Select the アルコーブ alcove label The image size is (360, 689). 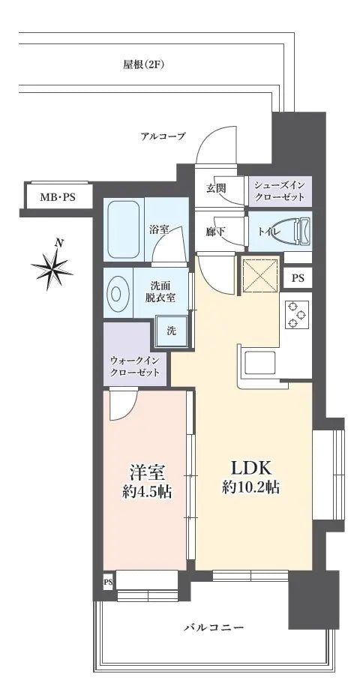[163, 136]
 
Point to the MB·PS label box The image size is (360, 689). [57, 198]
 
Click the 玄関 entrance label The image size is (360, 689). [216, 188]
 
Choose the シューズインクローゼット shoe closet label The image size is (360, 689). [279, 191]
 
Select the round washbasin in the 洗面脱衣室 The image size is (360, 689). [118, 293]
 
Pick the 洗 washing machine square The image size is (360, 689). [171, 331]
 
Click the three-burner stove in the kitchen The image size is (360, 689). [295, 316]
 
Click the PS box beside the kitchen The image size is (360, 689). [298, 278]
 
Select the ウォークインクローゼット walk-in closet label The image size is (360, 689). [135, 367]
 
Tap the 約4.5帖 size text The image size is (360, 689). [147, 493]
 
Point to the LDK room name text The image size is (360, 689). [250, 467]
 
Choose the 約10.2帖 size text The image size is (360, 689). [250, 487]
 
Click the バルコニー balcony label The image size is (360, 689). [214, 627]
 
